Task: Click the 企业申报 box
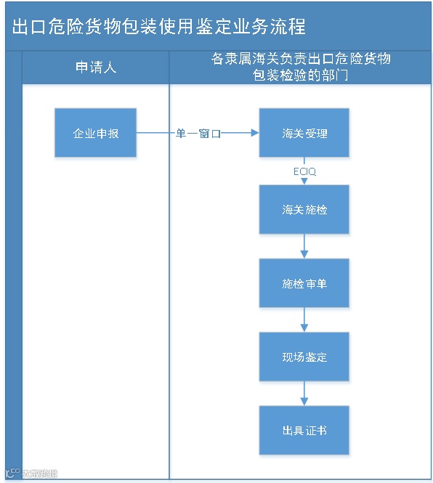tap(95, 133)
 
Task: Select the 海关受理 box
tap(304, 133)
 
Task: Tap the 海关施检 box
tap(304, 209)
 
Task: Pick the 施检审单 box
tap(304, 283)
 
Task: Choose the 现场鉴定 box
tap(304, 357)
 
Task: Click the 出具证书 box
tap(304, 430)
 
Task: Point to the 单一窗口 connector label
tap(198, 134)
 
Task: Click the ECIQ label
tap(304, 171)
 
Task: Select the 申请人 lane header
tap(96, 68)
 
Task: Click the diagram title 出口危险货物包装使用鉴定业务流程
tap(159, 27)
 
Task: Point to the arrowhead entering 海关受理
tap(254, 133)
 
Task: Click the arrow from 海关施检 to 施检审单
tap(304, 246)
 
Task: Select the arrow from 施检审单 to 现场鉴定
tap(304, 320)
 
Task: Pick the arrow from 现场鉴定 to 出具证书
tap(304, 394)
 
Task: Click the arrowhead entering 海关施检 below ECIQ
tap(304, 182)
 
